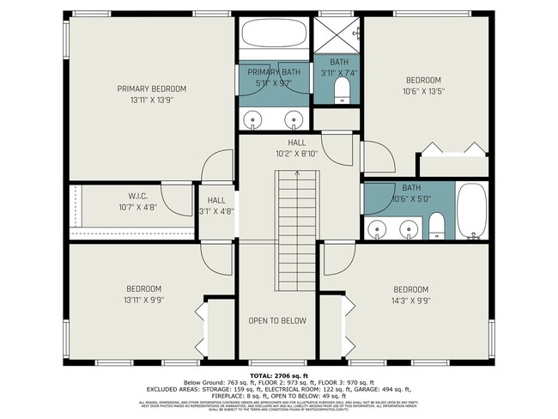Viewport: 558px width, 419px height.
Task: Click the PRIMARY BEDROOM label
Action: click(x=152, y=88)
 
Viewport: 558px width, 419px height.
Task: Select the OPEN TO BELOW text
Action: click(x=276, y=320)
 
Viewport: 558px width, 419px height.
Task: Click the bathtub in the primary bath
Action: click(x=273, y=35)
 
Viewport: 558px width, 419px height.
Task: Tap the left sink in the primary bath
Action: click(x=252, y=118)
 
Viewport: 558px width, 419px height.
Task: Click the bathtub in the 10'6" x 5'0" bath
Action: click(x=472, y=211)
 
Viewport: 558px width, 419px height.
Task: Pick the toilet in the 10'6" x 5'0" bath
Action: click(x=436, y=226)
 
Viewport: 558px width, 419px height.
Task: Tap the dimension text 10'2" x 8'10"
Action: click(x=297, y=154)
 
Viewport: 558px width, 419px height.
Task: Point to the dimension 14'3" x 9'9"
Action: click(x=410, y=301)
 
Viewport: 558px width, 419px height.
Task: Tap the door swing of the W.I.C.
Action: click(x=179, y=199)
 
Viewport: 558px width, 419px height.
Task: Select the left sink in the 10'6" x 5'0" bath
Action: click(x=379, y=228)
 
